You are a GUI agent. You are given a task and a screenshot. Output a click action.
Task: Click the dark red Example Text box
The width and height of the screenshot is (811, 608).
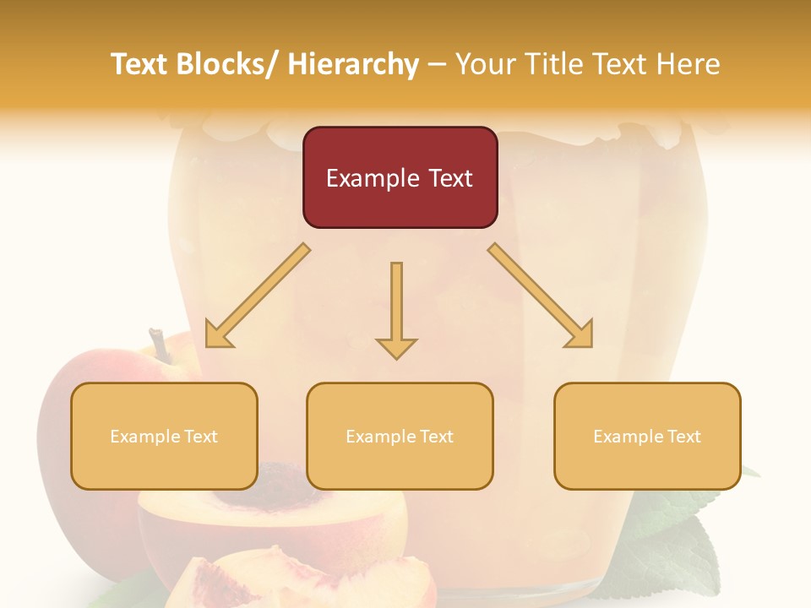400,177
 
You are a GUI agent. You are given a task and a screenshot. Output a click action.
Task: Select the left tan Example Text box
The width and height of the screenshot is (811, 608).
164,436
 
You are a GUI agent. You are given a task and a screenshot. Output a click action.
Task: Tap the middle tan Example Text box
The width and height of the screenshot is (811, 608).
400,436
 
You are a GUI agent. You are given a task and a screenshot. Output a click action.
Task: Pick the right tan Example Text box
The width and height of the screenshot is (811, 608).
647,436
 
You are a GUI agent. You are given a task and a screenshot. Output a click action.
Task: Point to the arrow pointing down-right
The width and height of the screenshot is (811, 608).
541,296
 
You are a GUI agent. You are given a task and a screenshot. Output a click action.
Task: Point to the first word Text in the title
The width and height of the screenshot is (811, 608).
140,64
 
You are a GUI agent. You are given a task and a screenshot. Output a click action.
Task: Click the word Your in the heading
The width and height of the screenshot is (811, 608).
487,64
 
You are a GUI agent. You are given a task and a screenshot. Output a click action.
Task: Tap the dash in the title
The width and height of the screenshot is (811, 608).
437,65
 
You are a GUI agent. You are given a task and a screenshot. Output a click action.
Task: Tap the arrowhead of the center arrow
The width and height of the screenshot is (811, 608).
396,347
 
